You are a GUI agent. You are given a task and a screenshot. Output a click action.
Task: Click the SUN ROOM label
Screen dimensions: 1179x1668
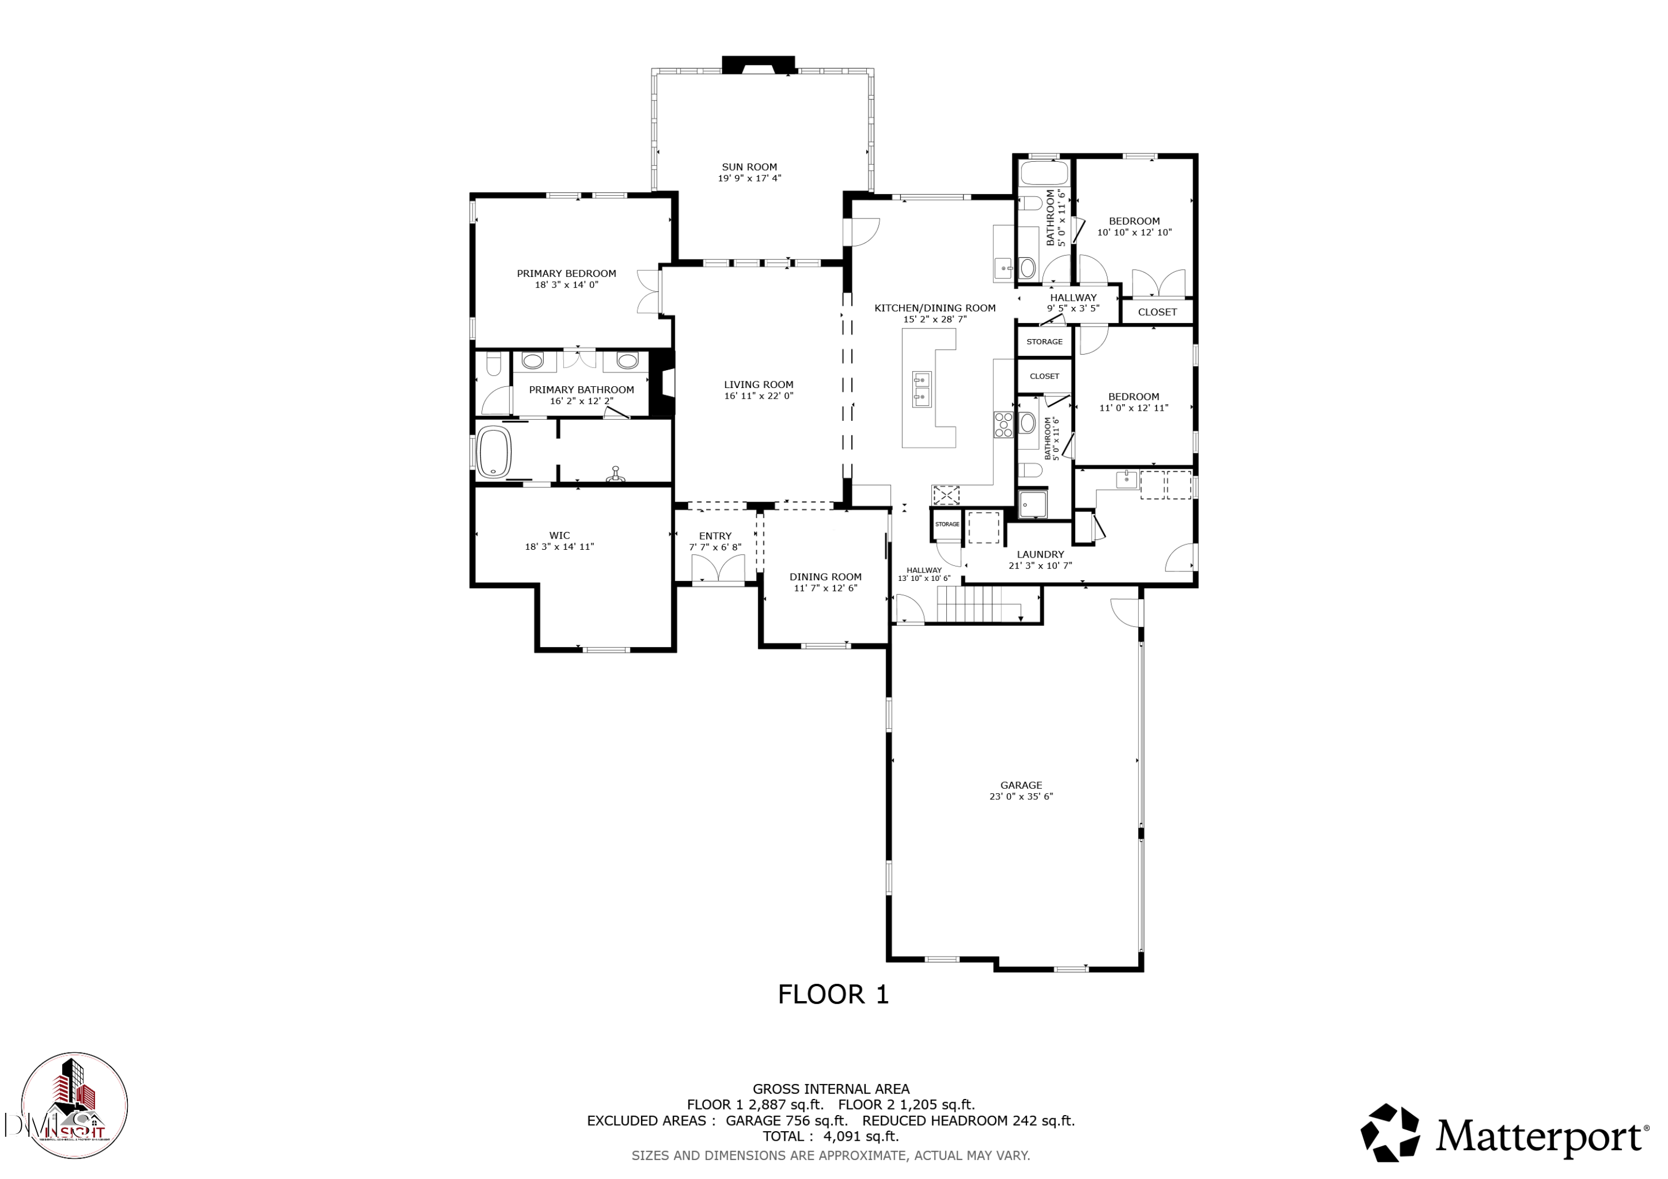coord(749,167)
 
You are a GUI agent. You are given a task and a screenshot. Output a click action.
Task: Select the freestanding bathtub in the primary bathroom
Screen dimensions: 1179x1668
coord(495,452)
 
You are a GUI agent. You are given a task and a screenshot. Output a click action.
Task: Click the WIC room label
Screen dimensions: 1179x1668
coord(559,535)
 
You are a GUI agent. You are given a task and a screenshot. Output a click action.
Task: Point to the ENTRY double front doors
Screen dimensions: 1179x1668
coord(718,568)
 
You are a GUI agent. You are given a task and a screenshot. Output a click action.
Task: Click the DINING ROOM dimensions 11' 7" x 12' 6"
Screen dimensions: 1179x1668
coord(825,589)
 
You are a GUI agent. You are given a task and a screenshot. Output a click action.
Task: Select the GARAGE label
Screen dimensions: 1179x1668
coord(1021,785)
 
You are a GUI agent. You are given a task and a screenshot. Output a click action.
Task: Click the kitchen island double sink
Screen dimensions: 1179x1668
coord(922,387)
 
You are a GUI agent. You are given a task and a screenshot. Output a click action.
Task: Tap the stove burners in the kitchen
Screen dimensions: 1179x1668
coord(1003,424)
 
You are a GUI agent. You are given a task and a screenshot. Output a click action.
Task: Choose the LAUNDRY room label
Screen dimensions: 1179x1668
coord(1040,554)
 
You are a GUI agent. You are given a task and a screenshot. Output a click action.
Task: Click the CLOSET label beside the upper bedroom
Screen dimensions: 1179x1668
coord(1156,312)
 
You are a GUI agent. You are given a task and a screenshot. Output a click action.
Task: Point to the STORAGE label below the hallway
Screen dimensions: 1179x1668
coord(1044,341)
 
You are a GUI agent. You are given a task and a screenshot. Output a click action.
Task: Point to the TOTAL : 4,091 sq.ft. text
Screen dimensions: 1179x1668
coord(830,1136)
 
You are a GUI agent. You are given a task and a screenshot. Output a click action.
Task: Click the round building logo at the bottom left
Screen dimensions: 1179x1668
coord(75,1106)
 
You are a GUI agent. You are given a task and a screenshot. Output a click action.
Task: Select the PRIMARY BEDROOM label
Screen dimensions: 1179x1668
coord(566,274)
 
